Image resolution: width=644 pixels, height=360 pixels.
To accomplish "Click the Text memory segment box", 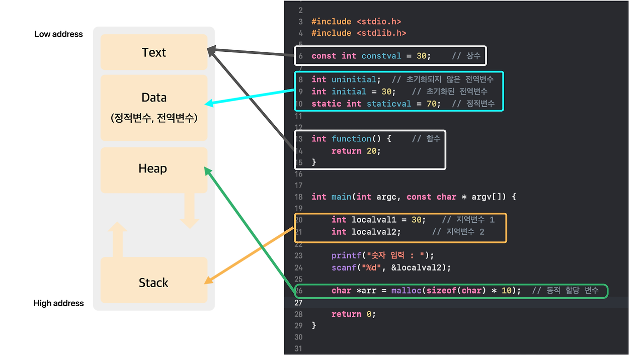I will coord(154,52).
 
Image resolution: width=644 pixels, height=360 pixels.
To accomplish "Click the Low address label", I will coord(58,34).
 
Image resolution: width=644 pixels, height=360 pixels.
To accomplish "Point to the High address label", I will coord(58,303).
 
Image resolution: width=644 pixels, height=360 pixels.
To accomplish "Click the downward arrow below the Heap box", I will coord(190,211).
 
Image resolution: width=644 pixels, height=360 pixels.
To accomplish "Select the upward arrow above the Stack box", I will coord(117,240).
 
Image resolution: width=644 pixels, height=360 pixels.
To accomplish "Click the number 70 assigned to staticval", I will coord(431,104).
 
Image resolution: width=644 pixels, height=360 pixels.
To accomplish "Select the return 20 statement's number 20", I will coord(371,151).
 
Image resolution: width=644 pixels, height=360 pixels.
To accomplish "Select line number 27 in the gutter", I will coord(299,302).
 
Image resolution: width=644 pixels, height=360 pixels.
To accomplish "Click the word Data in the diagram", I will coord(154,98).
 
